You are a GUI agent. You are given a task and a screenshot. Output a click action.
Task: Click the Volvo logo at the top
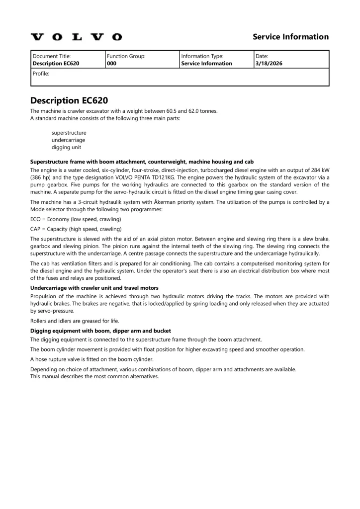(x=76, y=37)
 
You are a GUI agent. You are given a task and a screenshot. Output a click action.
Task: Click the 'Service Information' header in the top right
(x=290, y=37)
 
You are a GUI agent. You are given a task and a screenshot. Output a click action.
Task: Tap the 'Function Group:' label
(x=126, y=57)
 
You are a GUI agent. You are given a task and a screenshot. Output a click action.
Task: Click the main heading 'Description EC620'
(x=69, y=100)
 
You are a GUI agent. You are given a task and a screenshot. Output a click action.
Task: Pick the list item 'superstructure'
(x=69, y=133)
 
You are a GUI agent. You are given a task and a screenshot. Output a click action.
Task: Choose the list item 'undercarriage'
(x=69, y=140)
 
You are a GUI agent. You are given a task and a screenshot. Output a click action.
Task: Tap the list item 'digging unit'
(x=66, y=147)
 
